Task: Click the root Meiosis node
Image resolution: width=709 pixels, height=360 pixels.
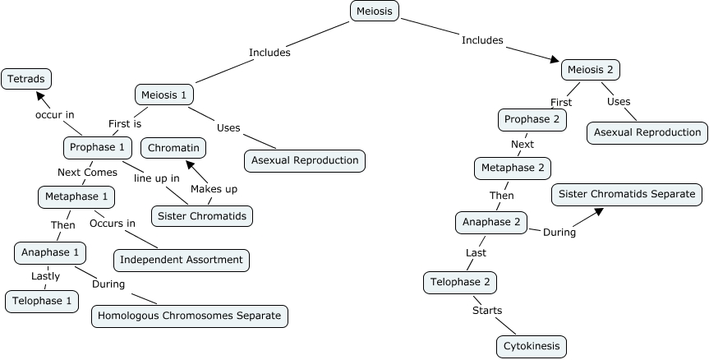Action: pos(375,11)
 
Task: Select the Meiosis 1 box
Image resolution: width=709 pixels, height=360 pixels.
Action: pos(163,95)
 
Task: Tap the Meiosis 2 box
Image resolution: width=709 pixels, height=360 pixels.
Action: pos(588,70)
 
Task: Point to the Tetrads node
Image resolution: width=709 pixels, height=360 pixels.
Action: pos(26,79)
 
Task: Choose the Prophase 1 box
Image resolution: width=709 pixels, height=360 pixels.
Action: pos(98,148)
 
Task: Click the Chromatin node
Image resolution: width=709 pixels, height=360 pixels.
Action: pos(173,148)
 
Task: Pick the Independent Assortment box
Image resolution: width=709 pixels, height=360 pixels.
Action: pos(181,260)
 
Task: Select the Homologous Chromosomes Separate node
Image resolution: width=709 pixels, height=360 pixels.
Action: pos(190,315)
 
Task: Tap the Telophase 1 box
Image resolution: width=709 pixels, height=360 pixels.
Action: pos(41,301)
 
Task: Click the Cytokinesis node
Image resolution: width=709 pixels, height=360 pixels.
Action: pos(532,346)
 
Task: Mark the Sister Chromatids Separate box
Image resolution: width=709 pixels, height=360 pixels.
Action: pos(626,195)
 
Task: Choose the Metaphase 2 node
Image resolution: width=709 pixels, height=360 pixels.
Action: pos(512,168)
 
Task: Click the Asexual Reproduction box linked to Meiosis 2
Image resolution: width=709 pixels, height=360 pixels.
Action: pos(647,132)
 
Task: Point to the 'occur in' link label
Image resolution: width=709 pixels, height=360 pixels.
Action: pos(54,114)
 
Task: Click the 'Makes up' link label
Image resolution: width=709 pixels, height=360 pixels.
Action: pos(214,189)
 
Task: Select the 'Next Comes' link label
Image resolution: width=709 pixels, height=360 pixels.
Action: pos(87,172)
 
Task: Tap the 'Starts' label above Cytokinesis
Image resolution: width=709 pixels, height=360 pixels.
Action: pos(486,310)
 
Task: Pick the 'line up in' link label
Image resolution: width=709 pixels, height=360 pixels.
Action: pos(156,176)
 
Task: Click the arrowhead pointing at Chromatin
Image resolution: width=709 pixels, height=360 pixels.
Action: pos(191,162)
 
